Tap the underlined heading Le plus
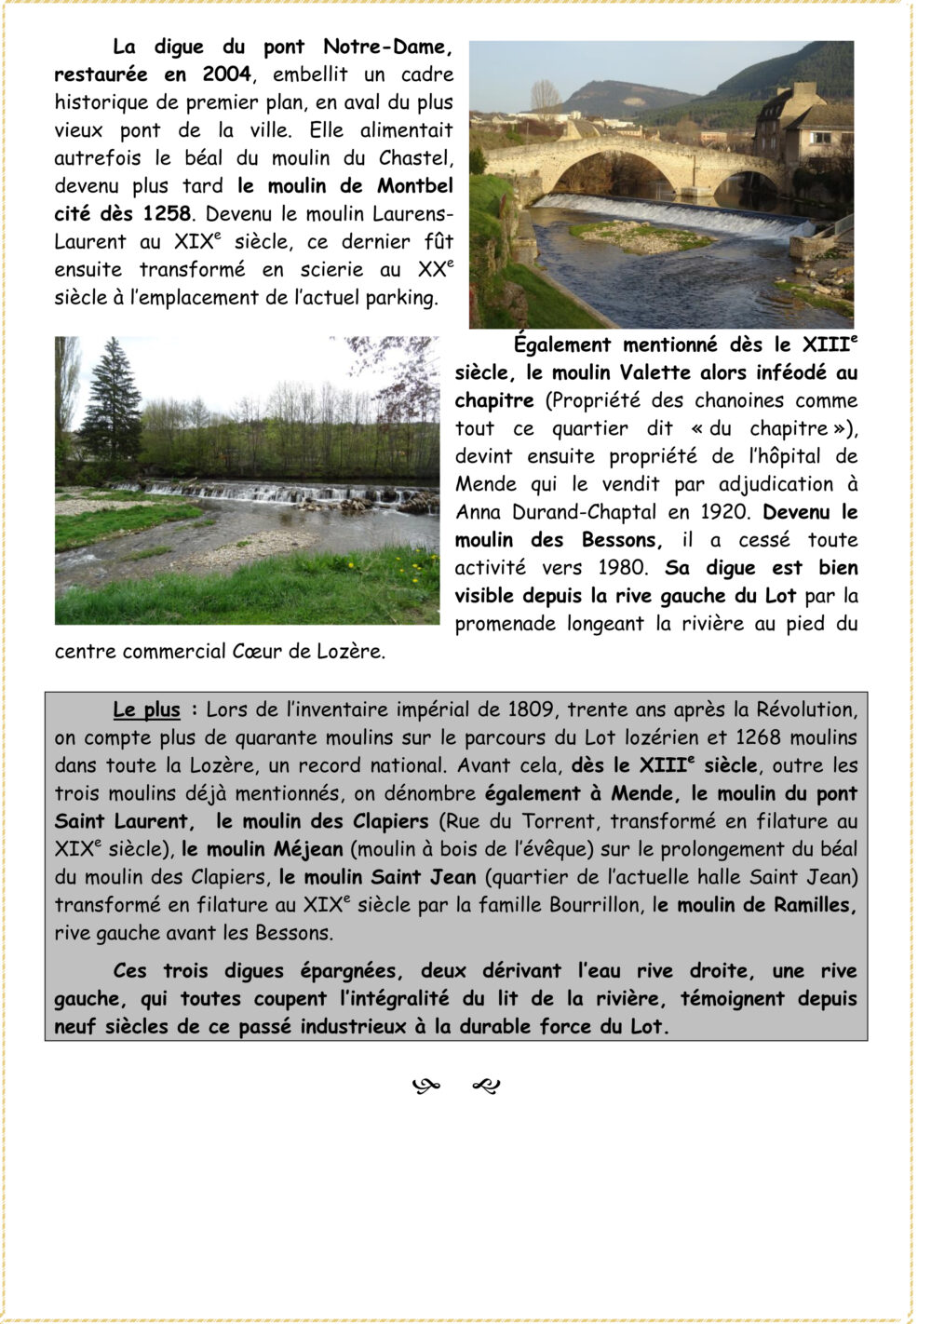146,710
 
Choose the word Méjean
308,849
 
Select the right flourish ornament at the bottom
486,1085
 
